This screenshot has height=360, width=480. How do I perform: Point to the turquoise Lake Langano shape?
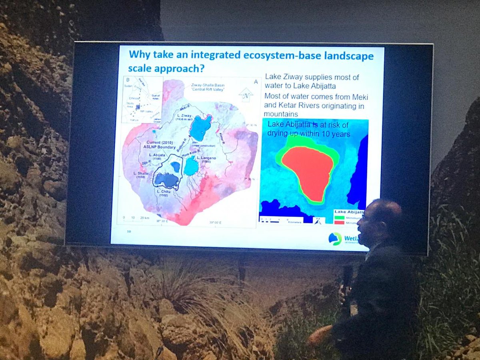coord(191,166)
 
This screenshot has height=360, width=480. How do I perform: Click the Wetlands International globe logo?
coord(335,238)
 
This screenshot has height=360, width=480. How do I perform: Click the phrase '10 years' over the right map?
coord(334,134)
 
